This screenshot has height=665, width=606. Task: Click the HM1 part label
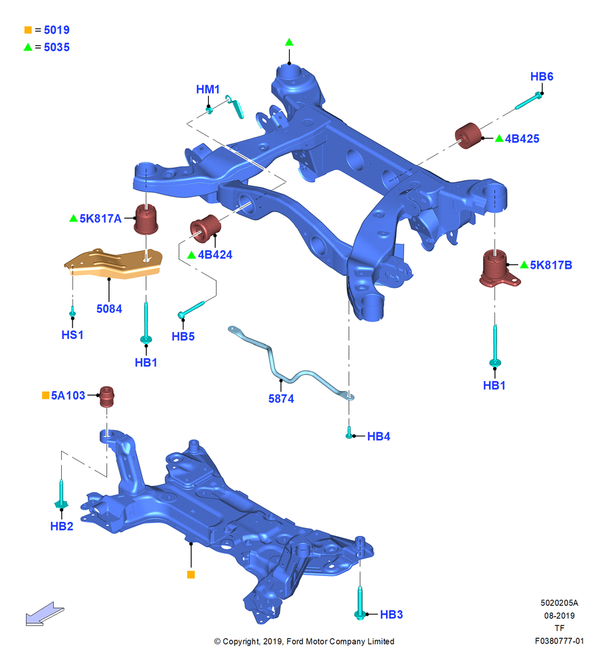[x=208, y=90]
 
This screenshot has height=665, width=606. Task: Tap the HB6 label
[x=542, y=76]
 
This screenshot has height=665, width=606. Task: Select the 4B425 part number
[x=522, y=139]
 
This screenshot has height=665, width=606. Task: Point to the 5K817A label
[x=100, y=218]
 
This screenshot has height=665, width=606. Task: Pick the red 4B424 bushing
[x=205, y=228]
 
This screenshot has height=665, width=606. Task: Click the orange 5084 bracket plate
[x=113, y=264]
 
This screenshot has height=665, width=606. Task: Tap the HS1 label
[x=72, y=335]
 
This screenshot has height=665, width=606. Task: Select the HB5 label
[x=183, y=336]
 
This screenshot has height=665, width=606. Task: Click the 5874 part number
[x=281, y=398]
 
